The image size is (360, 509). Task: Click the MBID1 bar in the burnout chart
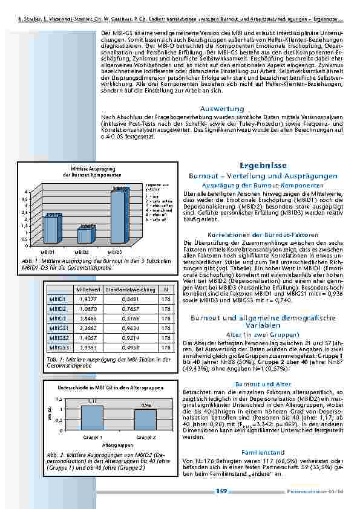tap(53, 227)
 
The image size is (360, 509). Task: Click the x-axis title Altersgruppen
tap(117, 444)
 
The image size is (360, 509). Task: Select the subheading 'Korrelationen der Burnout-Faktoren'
tap(263, 234)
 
